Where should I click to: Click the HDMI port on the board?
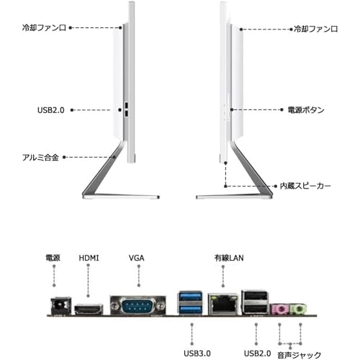tap(89, 309)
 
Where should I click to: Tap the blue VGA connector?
tap(138, 305)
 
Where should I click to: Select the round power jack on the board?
tap(61, 305)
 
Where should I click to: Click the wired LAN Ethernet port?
tap(223, 304)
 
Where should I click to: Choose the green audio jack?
tap(298, 309)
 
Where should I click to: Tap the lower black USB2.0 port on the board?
tap(255, 309)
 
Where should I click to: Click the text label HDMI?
tap(89, 258)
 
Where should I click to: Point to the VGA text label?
tap(137, 258)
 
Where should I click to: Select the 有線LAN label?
tap(229, 258)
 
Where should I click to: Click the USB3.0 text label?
tap(197, 354)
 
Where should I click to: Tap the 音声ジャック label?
tap(299, 355)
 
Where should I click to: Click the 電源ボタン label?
tap(306, 110)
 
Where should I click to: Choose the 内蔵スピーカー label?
tap(305, 186)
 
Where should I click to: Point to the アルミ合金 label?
tap(40, 158)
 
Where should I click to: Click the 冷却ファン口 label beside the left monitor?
tap(44, 28)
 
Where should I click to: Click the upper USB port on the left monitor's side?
tap(127, 105)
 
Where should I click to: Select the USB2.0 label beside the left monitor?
tap(51, 110)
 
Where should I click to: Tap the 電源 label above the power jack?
tap(53, 258)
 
